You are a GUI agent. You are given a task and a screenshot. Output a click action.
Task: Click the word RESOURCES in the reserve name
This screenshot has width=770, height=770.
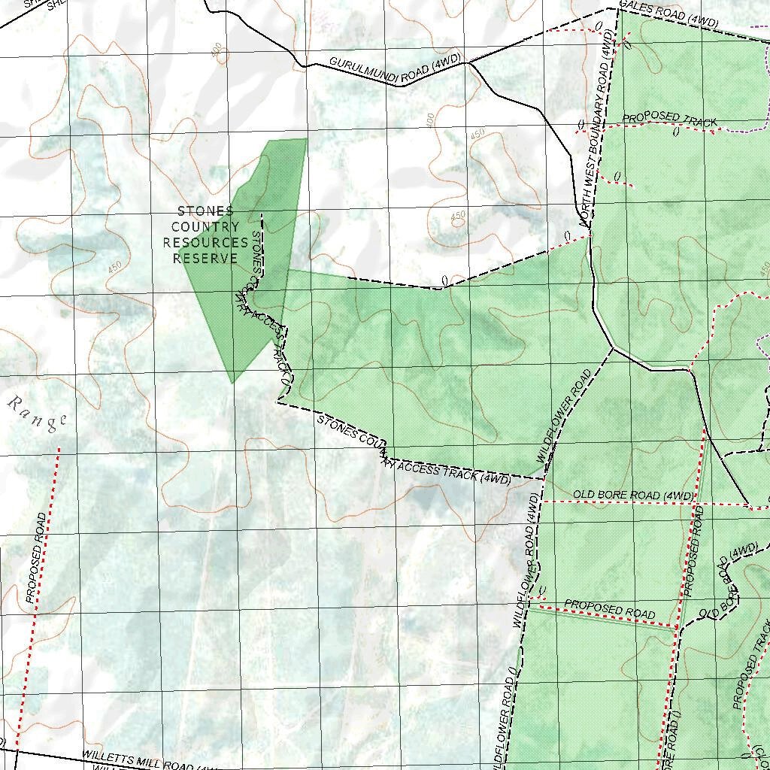205,243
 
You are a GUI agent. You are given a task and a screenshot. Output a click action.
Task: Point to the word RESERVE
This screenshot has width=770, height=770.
205,259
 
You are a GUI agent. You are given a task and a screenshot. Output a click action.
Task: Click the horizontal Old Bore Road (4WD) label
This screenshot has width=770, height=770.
633,496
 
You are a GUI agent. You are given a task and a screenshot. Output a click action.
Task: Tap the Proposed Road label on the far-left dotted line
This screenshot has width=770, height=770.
35,558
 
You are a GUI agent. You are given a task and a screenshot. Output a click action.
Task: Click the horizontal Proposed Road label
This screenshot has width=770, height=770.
609,609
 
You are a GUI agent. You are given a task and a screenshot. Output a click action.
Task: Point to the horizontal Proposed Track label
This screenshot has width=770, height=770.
669,120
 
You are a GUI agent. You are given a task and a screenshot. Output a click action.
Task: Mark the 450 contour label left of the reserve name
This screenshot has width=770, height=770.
115,267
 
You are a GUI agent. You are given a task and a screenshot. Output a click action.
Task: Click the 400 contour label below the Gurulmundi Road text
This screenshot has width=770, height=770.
429,120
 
